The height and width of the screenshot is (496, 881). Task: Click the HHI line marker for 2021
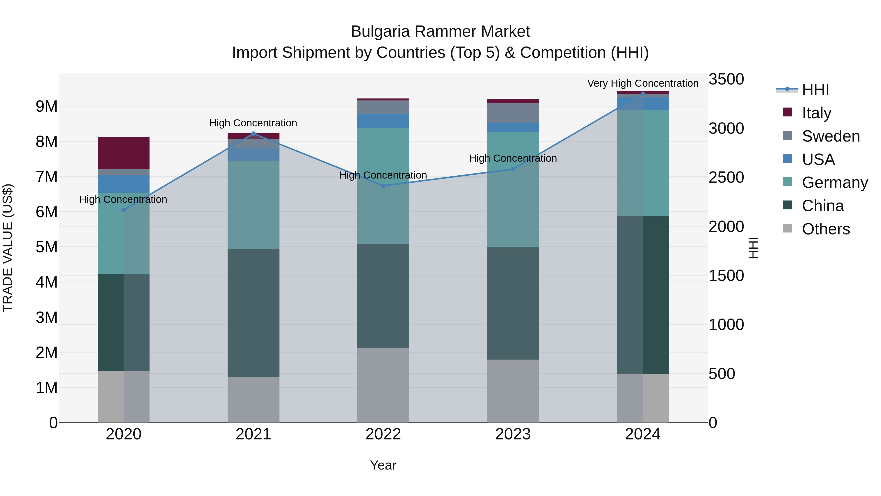(x=254, y=133)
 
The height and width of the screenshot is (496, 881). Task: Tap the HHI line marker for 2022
(x=383, y=186)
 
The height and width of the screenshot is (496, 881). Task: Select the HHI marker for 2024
(x=643, y=94)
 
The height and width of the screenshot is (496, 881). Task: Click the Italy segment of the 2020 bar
(x=124, y=153)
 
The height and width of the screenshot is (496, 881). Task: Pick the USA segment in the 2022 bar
(x=383, y=121)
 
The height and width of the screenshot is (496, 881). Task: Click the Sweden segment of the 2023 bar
(x=513, y=113)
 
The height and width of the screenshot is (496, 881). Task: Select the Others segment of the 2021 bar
(x=254, y=399)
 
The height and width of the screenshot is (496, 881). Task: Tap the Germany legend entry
(x=835, y=182)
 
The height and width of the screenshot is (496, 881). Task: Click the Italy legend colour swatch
(x=787, y=112)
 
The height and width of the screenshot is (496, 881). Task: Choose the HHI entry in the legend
(x=815, y=90)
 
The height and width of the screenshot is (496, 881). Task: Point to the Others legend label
(x=826, y=229)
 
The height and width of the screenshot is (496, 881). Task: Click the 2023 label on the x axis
(x=513, y=434)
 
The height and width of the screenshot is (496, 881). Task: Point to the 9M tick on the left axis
(x=47, y=107)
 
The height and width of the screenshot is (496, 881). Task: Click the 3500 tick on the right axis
(x=726, y=79)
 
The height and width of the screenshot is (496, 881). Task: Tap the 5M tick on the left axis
(x=47, y=247)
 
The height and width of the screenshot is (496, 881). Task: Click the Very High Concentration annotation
(x=643, y=83)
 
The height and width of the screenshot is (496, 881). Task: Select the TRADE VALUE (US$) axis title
(x=8, y=248)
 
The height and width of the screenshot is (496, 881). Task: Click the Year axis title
(x=383, y=465)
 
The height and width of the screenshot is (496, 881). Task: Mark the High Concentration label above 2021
(x=253, y=123)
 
